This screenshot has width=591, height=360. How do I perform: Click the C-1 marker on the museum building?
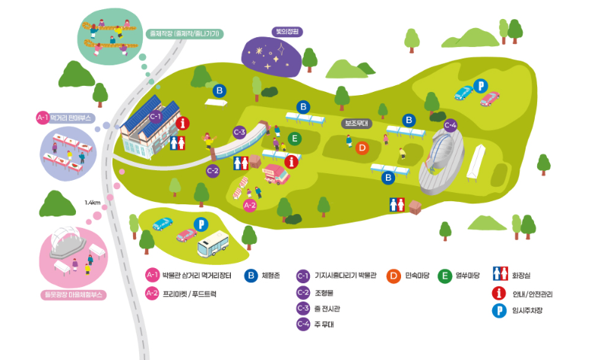155,116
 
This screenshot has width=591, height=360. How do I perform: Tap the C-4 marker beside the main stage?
450,125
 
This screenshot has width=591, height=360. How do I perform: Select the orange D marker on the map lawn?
362,148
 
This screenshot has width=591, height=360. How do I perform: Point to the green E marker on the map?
295,138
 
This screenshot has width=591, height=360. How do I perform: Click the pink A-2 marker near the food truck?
249,205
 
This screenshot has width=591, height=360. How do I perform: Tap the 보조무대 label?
356,123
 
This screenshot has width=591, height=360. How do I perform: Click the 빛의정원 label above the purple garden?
288,33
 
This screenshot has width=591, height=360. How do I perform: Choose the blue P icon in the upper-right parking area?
479,85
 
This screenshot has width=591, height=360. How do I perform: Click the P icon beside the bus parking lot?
201,223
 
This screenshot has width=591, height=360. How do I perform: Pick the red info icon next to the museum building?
182,123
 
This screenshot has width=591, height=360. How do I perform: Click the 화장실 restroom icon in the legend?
500,275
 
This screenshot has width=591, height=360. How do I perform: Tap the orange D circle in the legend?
393,275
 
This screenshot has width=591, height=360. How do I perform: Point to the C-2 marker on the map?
213,170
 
